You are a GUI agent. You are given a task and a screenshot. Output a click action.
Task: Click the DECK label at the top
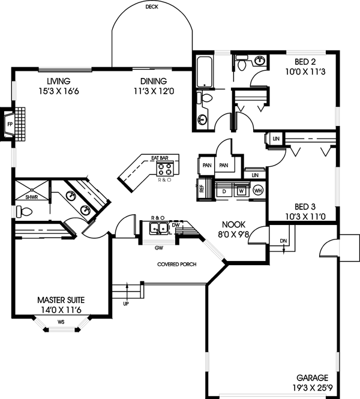click(x=152, y=7)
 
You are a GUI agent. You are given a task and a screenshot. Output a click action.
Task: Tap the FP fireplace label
click(x=9, y=125)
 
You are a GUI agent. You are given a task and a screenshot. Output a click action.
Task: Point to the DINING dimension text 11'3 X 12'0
click(x=154, y=91)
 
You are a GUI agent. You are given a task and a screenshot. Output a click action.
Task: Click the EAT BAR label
click(x=160, y=158)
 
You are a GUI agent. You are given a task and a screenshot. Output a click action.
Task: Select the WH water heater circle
click(x=259, y=190)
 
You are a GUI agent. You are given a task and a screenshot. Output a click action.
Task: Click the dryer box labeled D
click(x=224, y=191)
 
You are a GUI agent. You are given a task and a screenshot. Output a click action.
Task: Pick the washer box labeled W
click(x=241, y=191)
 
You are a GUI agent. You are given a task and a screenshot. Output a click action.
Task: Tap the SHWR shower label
click(x=31, y=196)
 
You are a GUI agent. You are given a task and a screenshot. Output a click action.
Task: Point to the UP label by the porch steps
click(x=126, y=304)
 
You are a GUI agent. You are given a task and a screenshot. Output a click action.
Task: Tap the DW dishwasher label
click(x=175, y=226)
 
